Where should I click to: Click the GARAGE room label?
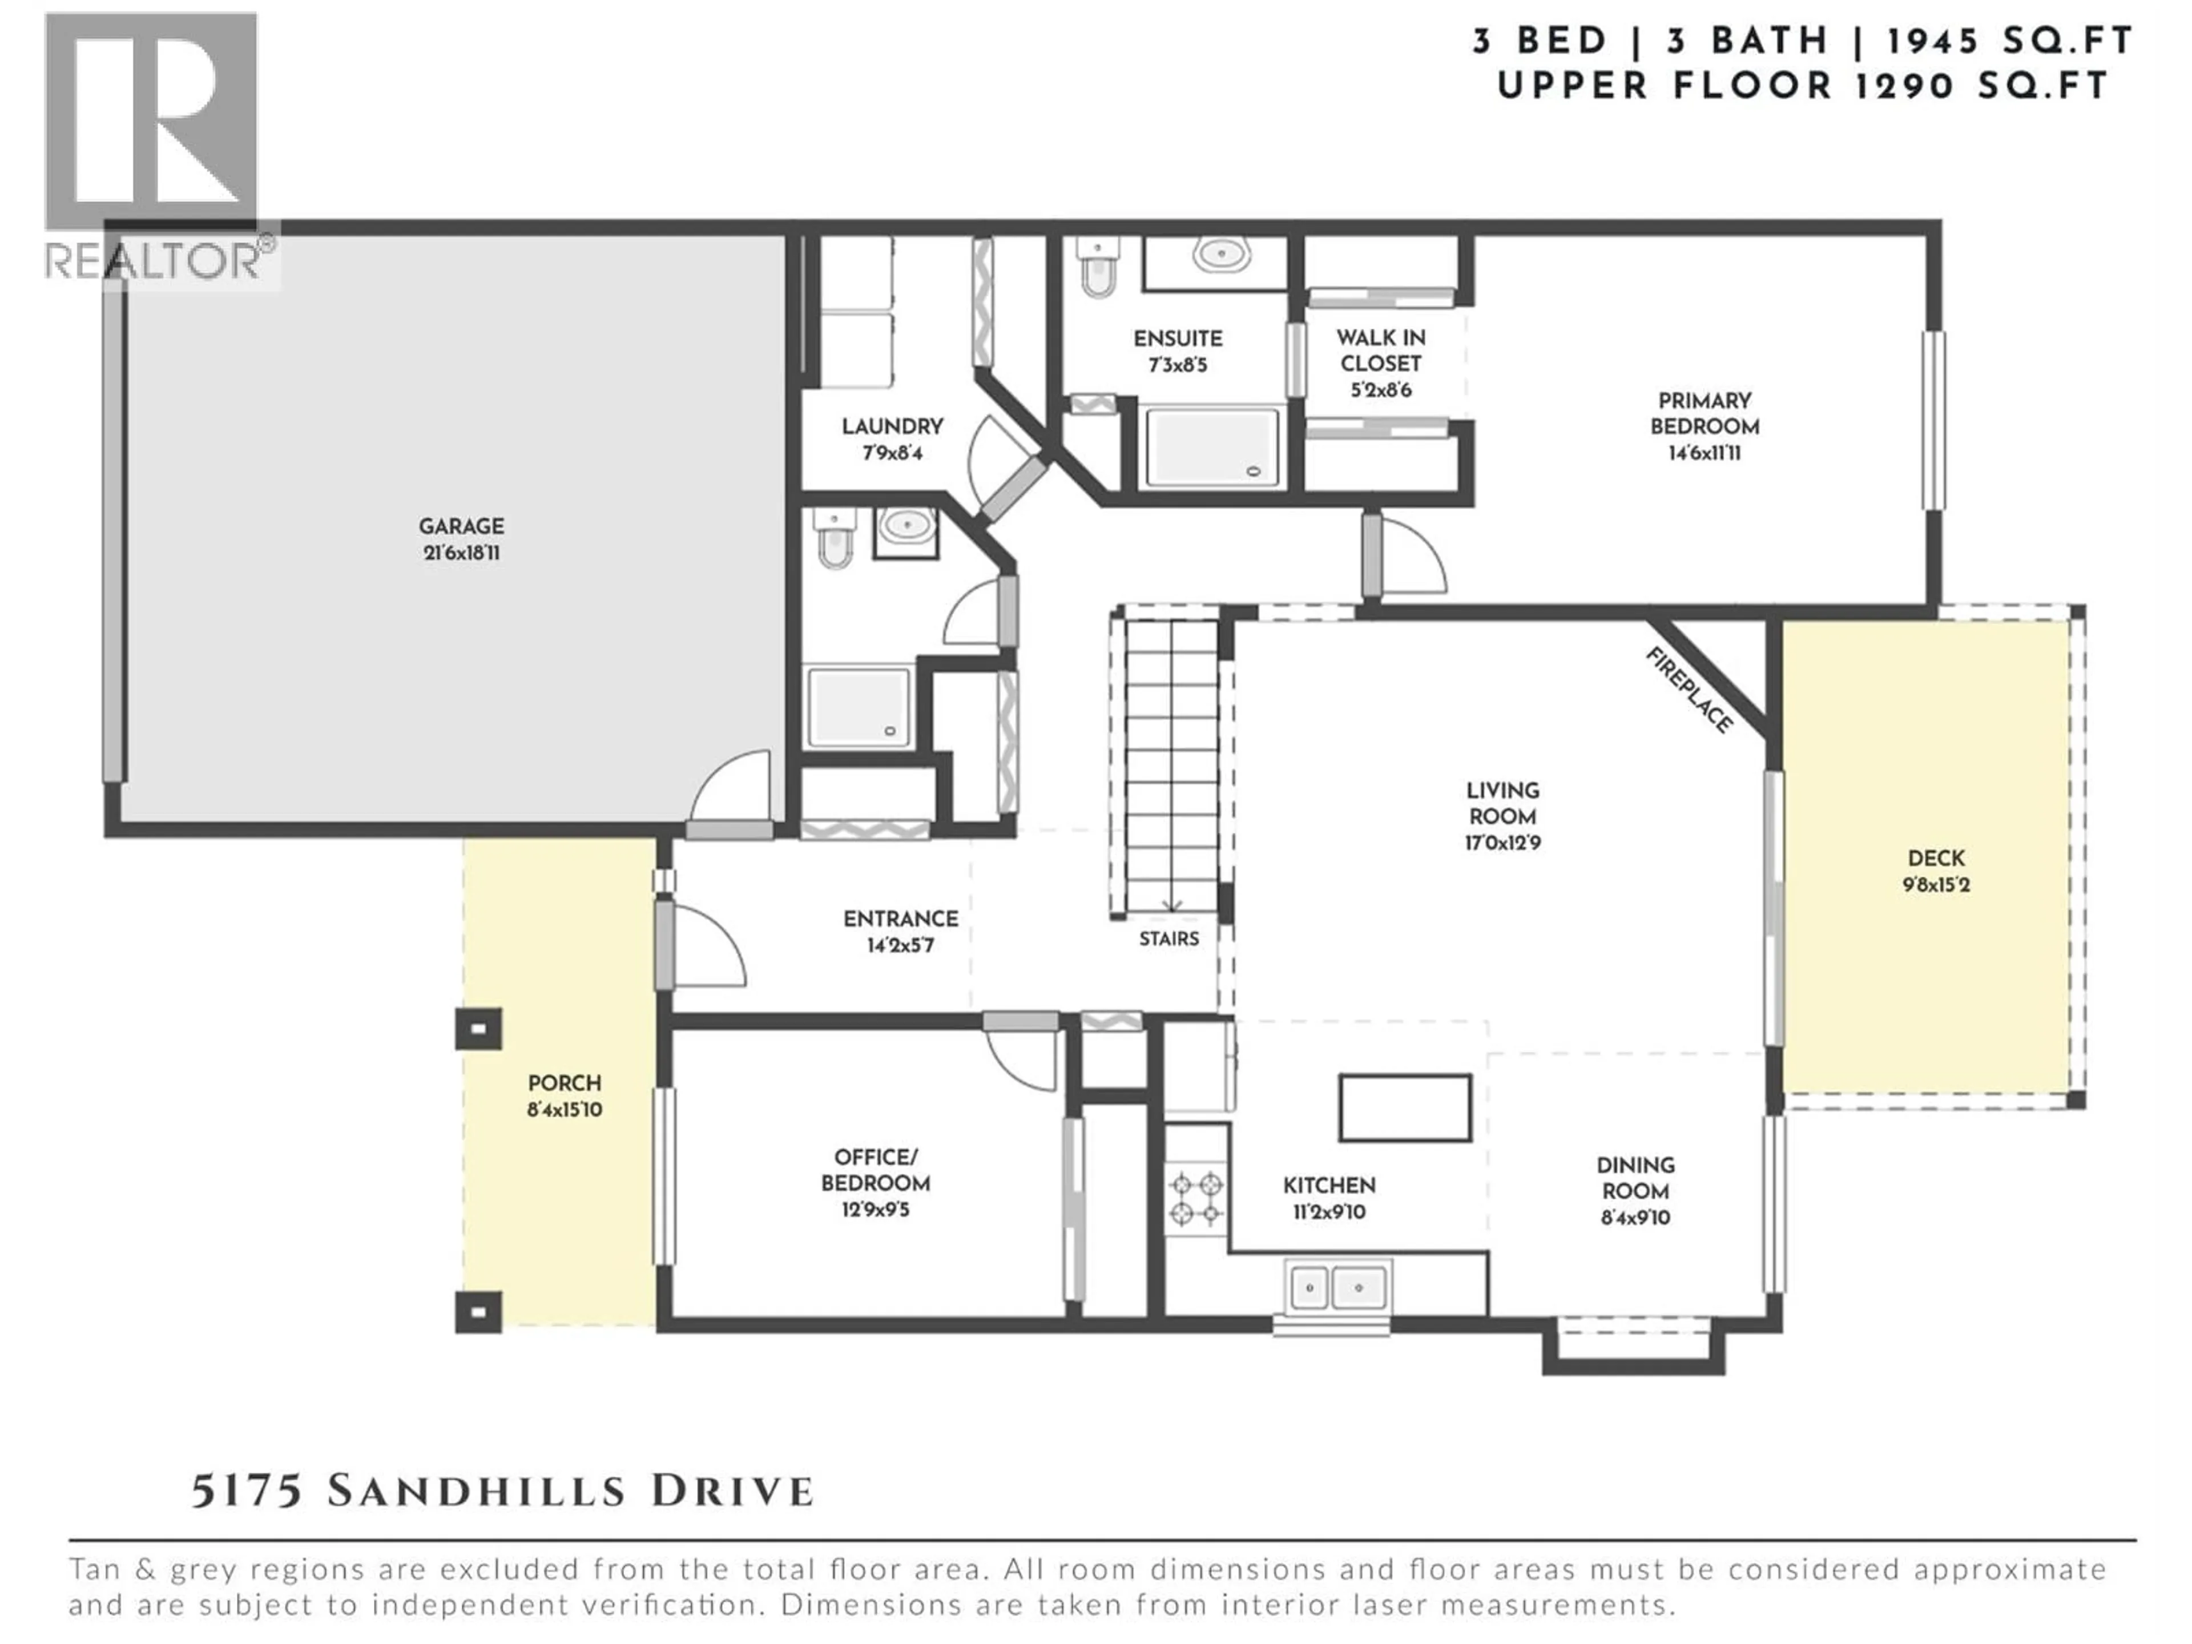(461, 526)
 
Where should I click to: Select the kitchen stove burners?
(1195, 1199)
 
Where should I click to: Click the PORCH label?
(564, 1083)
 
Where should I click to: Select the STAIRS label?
(1168, 938)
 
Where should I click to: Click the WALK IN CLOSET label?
(1380, 351)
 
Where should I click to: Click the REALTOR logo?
(154, 148)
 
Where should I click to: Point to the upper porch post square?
(478, 1029)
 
